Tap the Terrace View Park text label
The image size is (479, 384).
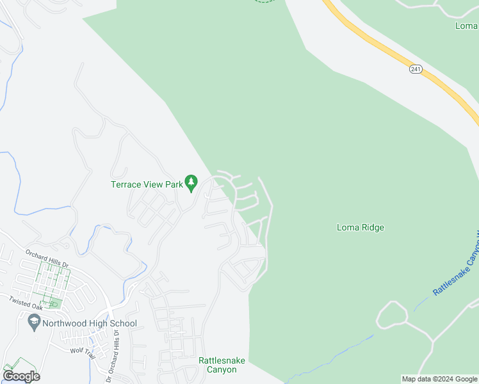tap(147, 184)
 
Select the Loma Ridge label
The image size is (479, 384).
tap(360, 227)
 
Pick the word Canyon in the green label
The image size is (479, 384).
tap(222, 370)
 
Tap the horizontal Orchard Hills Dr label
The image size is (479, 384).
tap(46, 255)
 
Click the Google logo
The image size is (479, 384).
tap(21, 376)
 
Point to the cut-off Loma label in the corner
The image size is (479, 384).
tap(466, 26)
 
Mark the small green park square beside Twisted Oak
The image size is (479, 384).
tap(55, 303)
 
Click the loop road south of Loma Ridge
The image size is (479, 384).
tap(391, 315)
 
